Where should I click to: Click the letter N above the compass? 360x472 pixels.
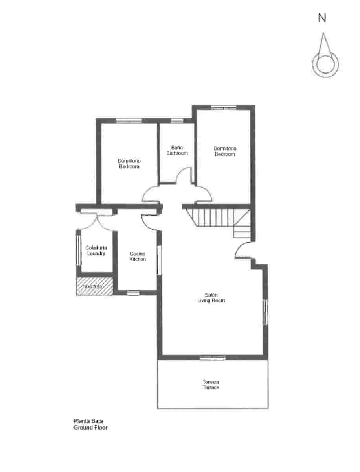point(322,17)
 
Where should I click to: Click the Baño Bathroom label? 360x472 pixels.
point(177,151)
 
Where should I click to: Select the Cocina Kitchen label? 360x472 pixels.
point(138,256)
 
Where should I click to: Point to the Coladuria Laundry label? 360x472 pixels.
point(96,251)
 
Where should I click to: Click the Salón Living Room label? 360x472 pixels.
point(211,298)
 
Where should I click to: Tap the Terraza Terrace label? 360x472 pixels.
point(211,385)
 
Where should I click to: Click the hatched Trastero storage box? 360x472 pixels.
point(94,286)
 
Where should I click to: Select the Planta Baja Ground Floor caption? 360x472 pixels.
point(90,424)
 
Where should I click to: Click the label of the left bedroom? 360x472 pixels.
point(129,164)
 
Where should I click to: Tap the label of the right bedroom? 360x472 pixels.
point(225,151)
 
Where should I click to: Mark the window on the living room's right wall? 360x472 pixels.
point(265,312)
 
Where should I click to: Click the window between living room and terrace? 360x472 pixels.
point(212,358)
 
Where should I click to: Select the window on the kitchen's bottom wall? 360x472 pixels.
point(133,293)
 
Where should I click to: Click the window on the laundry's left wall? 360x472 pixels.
point(78,251)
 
